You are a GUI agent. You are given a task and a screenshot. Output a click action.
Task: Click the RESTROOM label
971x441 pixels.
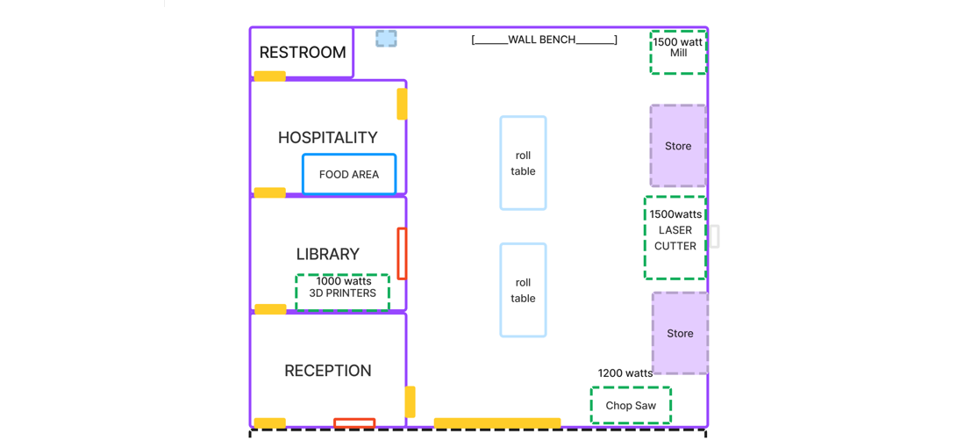303,53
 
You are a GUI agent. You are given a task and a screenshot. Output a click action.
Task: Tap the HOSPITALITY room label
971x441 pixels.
327,138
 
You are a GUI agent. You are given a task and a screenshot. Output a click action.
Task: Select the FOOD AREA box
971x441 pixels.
349,174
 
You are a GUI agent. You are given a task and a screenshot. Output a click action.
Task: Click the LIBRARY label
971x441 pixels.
327,254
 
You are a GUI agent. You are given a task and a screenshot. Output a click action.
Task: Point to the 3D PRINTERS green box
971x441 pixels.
342,292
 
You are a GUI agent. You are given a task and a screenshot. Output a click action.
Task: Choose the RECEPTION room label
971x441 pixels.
327,371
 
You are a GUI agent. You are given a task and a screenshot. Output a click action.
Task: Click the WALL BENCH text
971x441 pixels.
544,40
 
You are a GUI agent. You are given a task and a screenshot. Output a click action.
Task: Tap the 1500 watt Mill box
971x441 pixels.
678,53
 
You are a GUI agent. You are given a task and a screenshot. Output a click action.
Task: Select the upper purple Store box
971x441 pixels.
678,146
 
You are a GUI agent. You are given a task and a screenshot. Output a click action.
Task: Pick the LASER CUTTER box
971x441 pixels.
675,238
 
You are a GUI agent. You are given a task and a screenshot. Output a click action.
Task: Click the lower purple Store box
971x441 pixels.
680,333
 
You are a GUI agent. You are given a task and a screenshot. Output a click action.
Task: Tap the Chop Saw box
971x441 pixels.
631,406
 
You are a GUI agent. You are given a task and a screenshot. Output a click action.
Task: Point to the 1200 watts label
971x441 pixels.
625,373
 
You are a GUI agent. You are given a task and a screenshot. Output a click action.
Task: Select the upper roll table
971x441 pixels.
523,163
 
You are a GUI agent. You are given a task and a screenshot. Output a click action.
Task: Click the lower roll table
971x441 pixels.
523,290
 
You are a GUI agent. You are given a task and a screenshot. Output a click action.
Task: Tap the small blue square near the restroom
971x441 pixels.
386,39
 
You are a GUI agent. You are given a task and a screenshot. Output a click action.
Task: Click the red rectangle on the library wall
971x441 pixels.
402,254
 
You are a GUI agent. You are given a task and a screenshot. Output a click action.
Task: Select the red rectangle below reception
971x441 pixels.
354,423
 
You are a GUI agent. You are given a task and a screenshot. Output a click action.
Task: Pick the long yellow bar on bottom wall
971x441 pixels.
497,423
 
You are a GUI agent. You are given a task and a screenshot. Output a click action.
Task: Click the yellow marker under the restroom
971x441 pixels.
270,76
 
